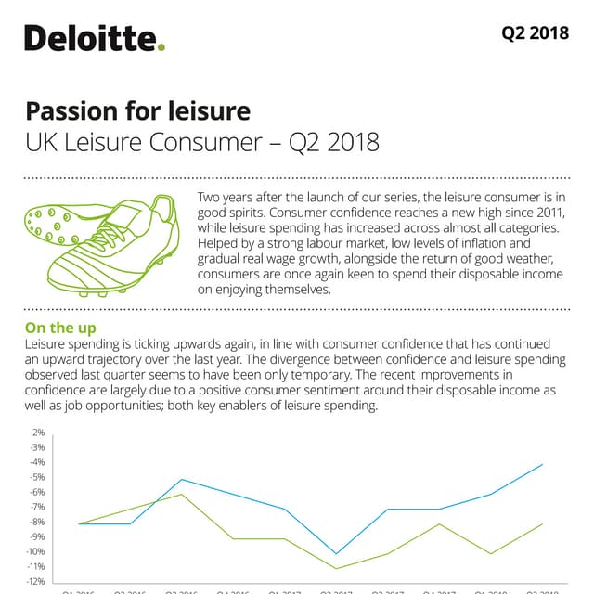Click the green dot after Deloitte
[161, 47]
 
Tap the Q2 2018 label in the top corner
[535, 33]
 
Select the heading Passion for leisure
[137, 111]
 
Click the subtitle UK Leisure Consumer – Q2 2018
[202, 143]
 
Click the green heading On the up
[60, 328]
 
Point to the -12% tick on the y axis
[36, 581]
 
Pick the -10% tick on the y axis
[36, 551]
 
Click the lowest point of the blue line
[336, 554]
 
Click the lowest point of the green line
[336, 568]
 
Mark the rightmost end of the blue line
[542, 464]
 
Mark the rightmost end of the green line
[542, 524]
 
